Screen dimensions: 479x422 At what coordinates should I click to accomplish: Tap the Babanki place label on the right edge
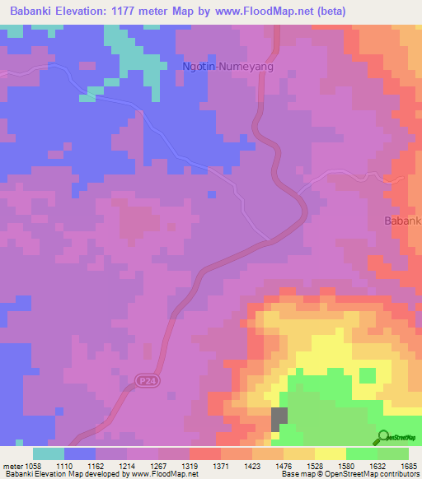click(x=403, y=221)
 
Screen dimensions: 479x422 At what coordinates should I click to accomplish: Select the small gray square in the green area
click(x=280, y=420)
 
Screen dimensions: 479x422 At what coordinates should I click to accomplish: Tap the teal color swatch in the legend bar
click(x=49, y=453)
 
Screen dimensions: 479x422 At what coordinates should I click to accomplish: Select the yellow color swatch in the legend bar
click(x=331, y=453)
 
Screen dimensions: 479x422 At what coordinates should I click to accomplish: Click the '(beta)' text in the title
click(x=339, y=11)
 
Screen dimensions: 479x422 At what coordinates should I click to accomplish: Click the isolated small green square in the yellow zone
click(x=368, y=375)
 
